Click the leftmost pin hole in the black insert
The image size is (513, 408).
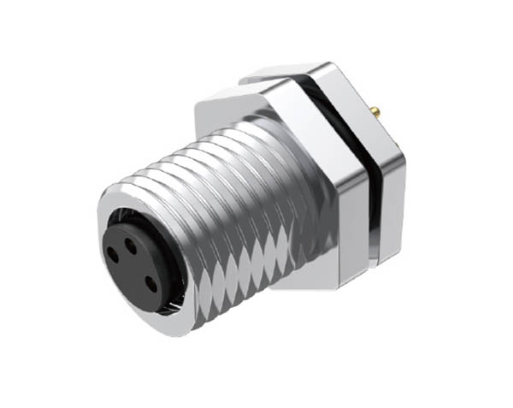pos(114,252)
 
